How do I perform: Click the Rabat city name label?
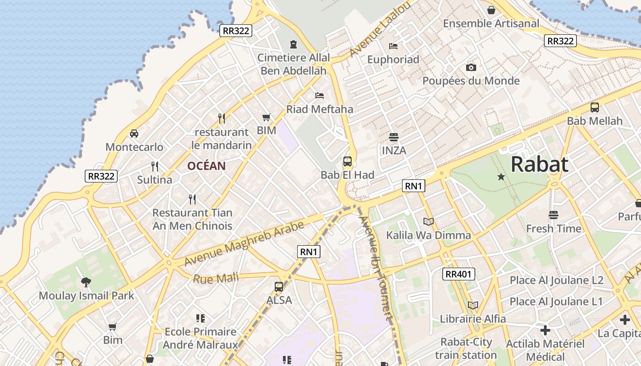tap(539, 164)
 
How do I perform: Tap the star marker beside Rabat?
tap(501, 176)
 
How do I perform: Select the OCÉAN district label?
tap(206, 166)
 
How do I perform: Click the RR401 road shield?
tap(459, 274)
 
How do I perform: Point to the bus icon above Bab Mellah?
tap(595, 108)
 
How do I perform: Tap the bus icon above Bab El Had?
tap(348, 161)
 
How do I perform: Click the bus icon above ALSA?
tap(279, 287)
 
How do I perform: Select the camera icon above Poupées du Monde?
tap(471, 68)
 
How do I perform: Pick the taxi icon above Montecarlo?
tap(134, 134)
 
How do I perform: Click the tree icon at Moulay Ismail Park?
tap(86, 282)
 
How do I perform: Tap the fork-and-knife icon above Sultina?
tap(155, 166)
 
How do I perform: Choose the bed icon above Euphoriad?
tap(393, 46)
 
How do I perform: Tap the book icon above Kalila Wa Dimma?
tap(428, 222)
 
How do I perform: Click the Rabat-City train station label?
tap(466, 349)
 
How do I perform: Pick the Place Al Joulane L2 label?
tap(556, 280)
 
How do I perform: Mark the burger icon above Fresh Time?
tap(554, 215)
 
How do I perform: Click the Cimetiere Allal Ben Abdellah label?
tap(293, 64)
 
